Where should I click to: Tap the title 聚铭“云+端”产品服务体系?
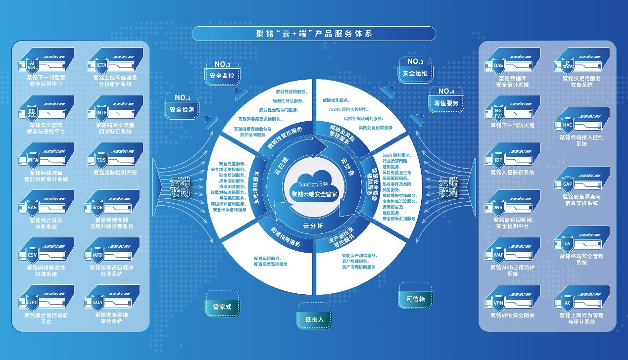[x=314, y=34]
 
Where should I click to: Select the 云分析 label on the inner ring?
[x=313, y=225]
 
